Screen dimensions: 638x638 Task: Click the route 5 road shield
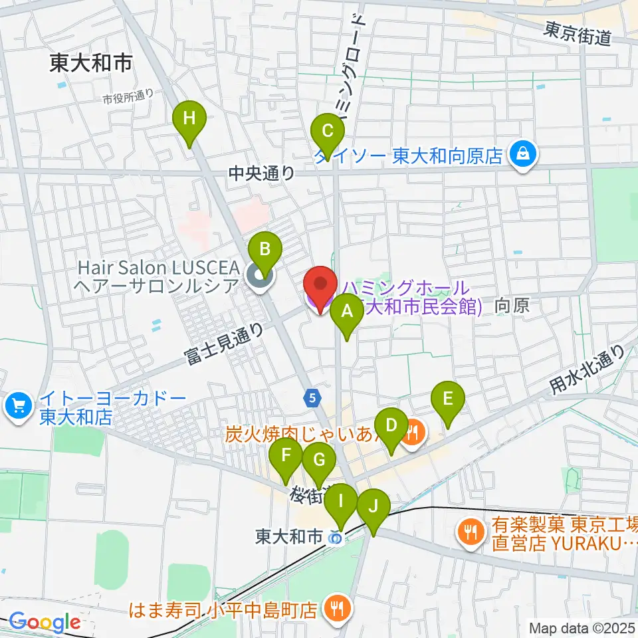click(x=312, y=398)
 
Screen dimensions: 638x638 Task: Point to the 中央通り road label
click(x=261, y=173)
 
